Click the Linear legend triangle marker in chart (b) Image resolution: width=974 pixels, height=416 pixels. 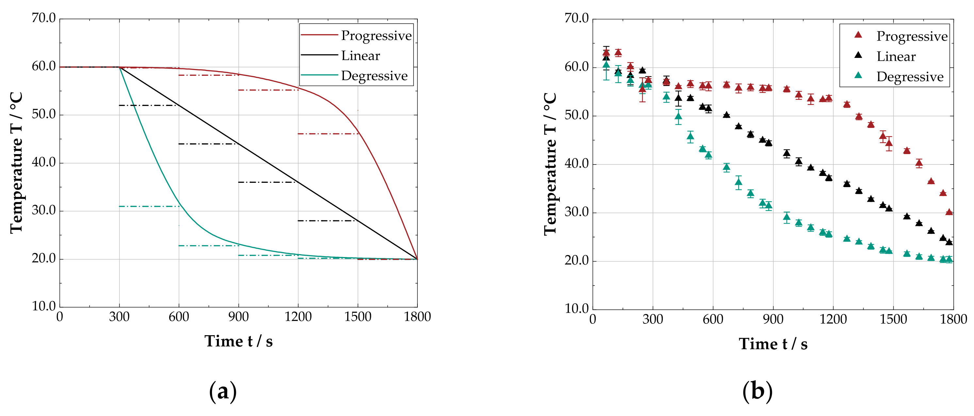pyautogui.click(x=858, y=55)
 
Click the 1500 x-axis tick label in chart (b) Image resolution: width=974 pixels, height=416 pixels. pyautogui.click(x=893, y=319)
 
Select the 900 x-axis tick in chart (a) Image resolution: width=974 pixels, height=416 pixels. pyautogui.click(x=238, y=317)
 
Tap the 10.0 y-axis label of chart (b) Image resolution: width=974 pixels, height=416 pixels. pyautogui.click(x=576, y=308)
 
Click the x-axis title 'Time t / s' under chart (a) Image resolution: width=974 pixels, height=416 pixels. pyautogui.click(x=238, y=341)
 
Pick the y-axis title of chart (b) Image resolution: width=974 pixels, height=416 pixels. pyautogui.click(x=550, y=164)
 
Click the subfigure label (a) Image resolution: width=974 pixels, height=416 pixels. pyautogui.click(x=223, y=391)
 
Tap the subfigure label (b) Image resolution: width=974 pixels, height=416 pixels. pyautogui.click(x=757, y=391)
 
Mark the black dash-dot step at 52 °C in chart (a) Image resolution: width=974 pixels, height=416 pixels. pyautogui.click(x=149, y=105)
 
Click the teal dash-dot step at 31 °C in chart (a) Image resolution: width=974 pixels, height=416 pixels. pyautogui.click(x=149, y=206)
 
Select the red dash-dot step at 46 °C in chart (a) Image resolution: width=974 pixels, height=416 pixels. pyautogui.click(x=328, y=134)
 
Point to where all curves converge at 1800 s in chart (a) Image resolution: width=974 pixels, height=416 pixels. pyautogui.click(x=417, y=259)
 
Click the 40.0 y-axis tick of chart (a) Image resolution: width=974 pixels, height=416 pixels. pyautogui.click(x=43, y=163)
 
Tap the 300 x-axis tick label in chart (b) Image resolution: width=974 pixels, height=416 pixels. pyautogui.click(x=653, y=319)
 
